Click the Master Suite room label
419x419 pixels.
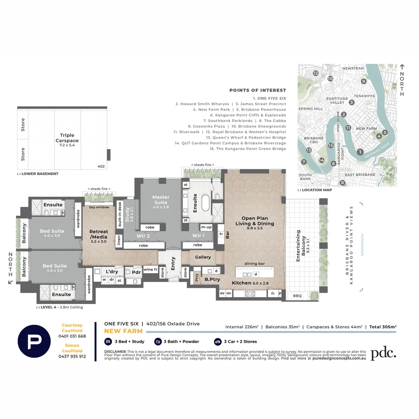[x=161, y=200]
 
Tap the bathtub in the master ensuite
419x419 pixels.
[x=205, y=203]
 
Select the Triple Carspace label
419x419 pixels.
[x=67, y=138]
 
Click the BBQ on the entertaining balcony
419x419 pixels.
[x=297, y=296]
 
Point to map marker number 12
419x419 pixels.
[x=316, y=73]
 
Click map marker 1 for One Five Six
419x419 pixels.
[x=360, y=152]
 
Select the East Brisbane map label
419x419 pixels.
[x=360, y=175]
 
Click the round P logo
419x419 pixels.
[x=34, y=341]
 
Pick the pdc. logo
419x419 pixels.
[x=383, y=353]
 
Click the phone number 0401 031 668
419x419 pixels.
[x=72, y=336]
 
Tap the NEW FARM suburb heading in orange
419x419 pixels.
[x=123, y=331]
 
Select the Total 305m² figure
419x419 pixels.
[x=383, y=327]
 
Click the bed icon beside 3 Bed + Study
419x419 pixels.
[x=107, y=341]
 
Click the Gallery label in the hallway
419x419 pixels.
[x=203, y=257]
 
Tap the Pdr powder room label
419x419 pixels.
[x=136, y=272]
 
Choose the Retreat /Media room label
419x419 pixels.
[x=99, y=234]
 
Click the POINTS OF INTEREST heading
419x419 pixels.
[x=258, y=90]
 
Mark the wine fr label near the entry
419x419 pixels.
[x=150, y=269]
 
